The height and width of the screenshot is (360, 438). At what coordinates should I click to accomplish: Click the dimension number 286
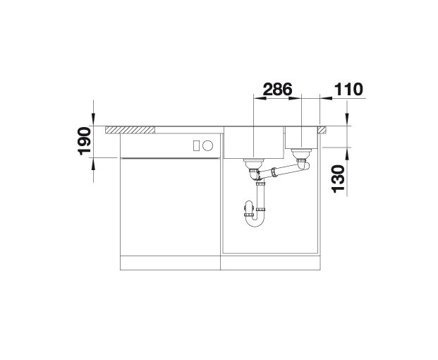[x=277, y=89]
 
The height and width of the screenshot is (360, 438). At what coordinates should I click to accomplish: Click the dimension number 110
[x=348, y=89]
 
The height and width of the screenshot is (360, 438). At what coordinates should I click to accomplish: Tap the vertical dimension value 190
[x=85, y=141]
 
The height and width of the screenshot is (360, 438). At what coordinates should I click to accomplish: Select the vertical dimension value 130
[x=338, y=179]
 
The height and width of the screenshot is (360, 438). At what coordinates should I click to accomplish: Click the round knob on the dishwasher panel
[x=207, y=145]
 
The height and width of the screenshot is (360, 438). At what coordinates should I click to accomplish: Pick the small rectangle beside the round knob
[x=196, y=146]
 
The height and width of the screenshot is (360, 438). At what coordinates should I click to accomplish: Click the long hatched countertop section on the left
[x=130, y=130]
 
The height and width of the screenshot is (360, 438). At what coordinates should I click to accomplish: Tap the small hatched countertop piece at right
[x=321, y=130]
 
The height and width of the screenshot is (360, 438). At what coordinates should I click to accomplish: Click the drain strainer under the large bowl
[x=254, y=161]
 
